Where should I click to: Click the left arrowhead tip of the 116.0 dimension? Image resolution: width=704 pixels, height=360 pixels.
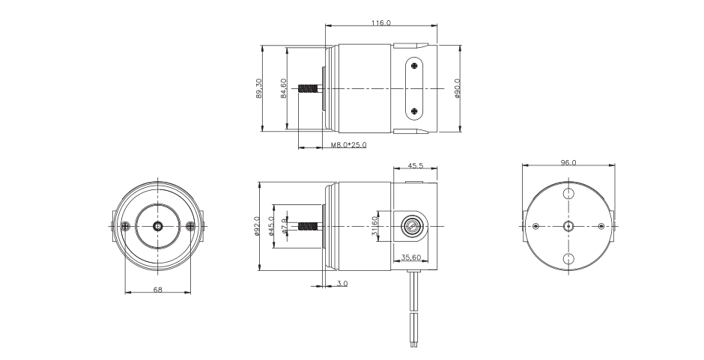click(x=325, y=25)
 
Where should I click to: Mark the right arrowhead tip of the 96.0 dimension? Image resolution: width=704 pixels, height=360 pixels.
click(x=615, y=165)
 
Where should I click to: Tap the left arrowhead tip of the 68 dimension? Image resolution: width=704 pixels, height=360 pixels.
click(x=125, y=293)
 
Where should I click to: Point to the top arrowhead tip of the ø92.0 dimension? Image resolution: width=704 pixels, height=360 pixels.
click(x=259, y=182)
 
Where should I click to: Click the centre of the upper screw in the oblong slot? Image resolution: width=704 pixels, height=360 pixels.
click(x=414, y=66)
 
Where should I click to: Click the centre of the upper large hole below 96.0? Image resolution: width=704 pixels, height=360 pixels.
click(x=568, y=193)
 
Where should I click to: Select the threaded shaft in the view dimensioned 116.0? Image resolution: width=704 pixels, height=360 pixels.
click(x=310, y=88)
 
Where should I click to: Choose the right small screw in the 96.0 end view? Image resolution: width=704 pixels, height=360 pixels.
click(x=601, y=226)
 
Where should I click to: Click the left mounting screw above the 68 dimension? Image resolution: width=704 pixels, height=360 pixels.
click(x=125, y=226)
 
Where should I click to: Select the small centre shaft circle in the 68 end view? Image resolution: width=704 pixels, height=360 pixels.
click(x=158, y=226)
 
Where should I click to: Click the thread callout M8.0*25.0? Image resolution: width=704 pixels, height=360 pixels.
click(x=348, y=145)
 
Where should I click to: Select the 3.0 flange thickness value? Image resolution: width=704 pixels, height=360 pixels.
click(x=342, y=283)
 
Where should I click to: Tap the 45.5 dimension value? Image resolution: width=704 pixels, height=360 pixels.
click(x=416, y=165)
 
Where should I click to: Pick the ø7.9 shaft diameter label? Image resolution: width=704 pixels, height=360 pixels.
click(x=284, y=226)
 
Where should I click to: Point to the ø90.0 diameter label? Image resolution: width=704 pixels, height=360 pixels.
click(x=458, y=88)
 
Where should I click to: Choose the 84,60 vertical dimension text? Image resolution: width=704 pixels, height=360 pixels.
click(x=283, y=88)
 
